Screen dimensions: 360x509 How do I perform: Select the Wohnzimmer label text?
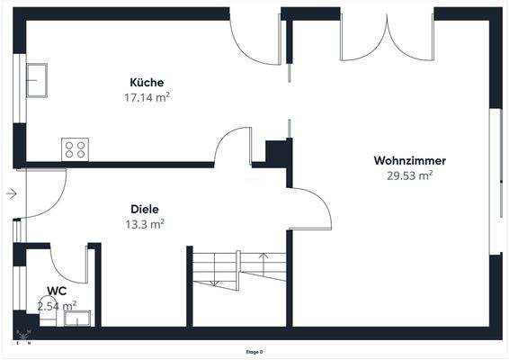point(410,161)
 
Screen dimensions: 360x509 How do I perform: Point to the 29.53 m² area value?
point(410,176)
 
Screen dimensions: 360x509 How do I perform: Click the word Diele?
point(145,209)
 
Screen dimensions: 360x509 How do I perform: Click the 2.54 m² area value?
point(57,306)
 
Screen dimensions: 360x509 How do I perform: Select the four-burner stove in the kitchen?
point(76,149)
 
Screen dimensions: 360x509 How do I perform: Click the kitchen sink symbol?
point(40,79)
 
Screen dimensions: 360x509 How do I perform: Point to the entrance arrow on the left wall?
point(11,193)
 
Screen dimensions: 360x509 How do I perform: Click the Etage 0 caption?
point(254,352)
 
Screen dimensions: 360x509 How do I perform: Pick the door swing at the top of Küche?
point(256,41)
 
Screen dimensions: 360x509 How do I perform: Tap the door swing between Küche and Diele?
point(234,147)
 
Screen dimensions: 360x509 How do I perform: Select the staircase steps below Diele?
point(238,270)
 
